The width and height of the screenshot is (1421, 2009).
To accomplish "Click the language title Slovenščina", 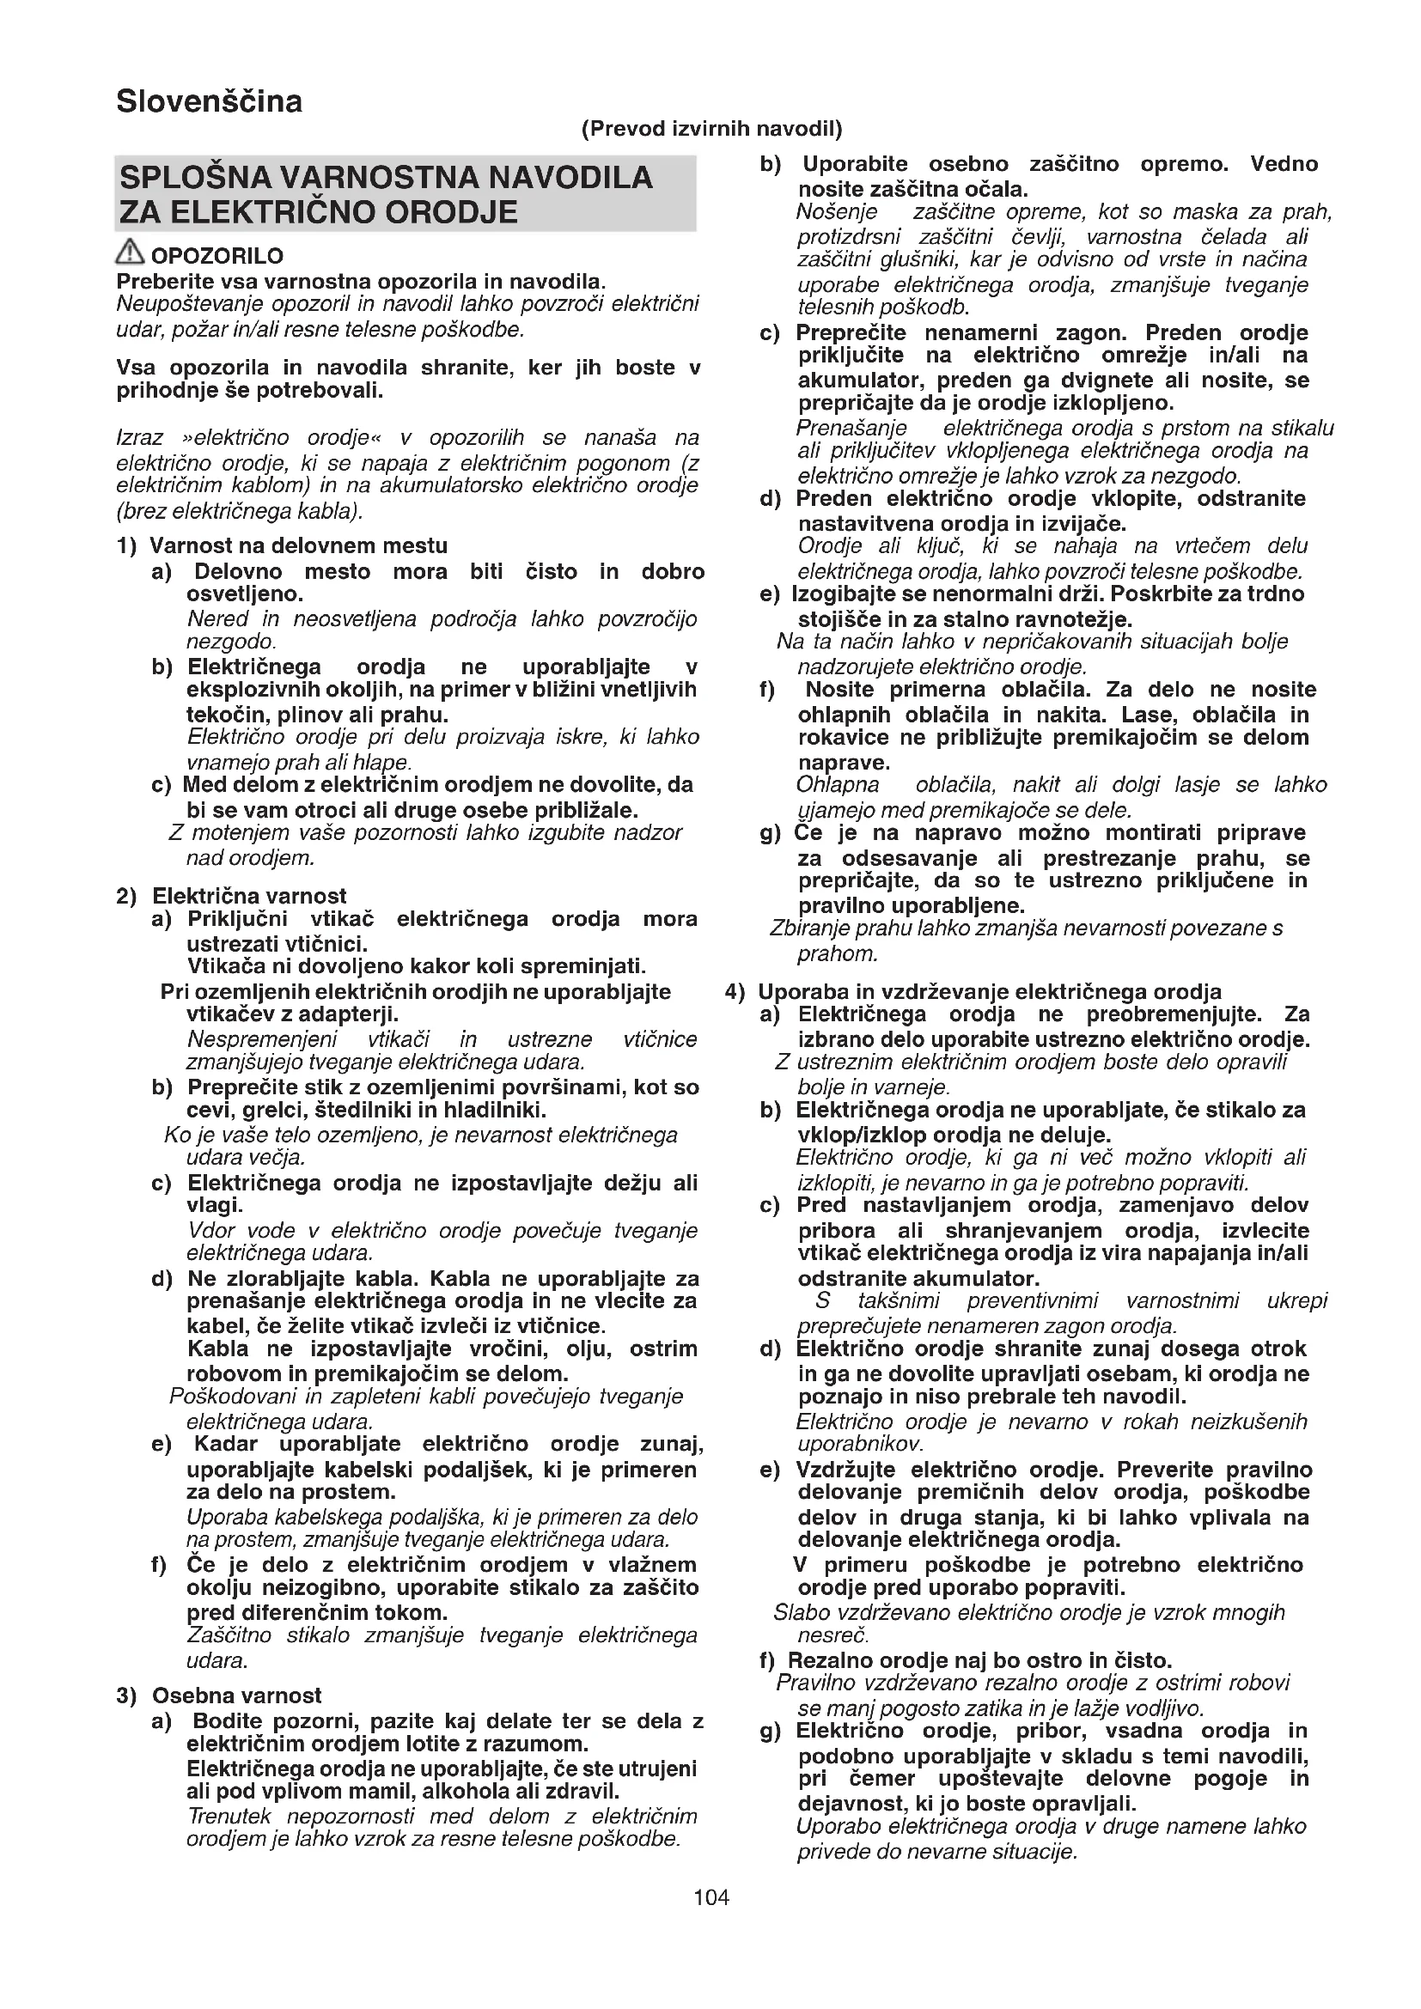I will click(209, 101).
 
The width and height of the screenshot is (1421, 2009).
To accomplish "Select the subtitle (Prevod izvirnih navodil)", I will click(711, 130).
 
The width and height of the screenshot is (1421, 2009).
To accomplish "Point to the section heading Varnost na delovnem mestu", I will click(298, 546).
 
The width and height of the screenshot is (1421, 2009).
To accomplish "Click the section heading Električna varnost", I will click(249, 896).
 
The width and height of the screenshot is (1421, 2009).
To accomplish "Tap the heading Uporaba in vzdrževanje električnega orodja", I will click(990, 991).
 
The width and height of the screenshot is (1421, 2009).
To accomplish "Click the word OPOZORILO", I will click(217, 256).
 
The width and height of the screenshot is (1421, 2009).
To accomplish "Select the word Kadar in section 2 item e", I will click(226, 1443).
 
